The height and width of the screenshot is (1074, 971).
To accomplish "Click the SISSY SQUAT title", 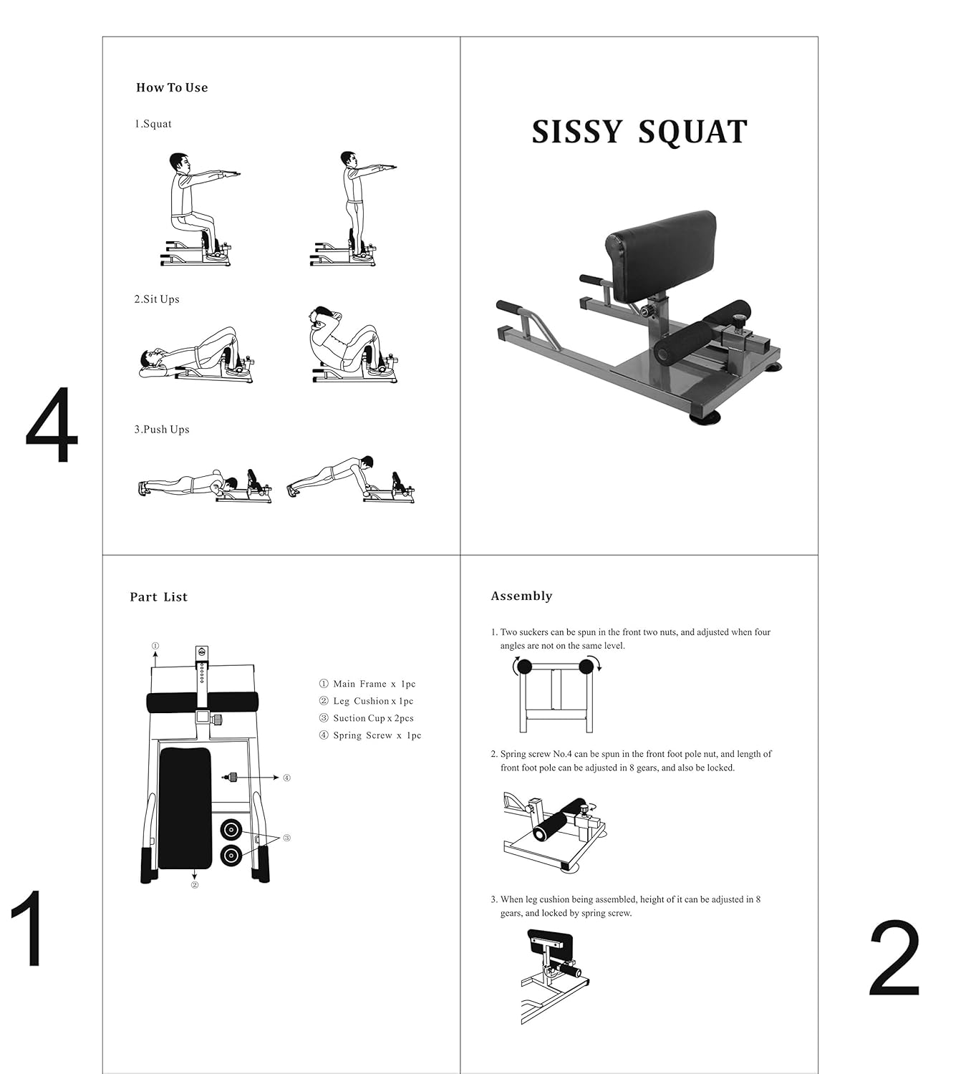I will (x=639, y=132).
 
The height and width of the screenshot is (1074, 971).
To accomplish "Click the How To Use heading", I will (x=172, y=87).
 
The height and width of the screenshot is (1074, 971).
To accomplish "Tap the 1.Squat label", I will (x=153, y=124).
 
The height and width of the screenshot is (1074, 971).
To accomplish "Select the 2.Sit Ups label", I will (x=157, y=299).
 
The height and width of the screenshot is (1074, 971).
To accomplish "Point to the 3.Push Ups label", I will (x=162, y=430).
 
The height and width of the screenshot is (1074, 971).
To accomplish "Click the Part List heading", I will (x=158, y=597).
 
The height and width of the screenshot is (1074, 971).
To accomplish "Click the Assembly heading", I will (x=521, y=596).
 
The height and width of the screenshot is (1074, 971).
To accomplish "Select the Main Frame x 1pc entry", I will (x=367, y=684).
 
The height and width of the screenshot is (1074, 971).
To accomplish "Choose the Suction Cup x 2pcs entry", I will (x=367, y=718).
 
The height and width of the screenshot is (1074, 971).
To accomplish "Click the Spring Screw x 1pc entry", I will (x=370, y=735).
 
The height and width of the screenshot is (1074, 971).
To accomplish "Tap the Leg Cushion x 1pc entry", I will (x=366, y=701).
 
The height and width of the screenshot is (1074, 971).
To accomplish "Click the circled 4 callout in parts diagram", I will (x=286, y=778).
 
